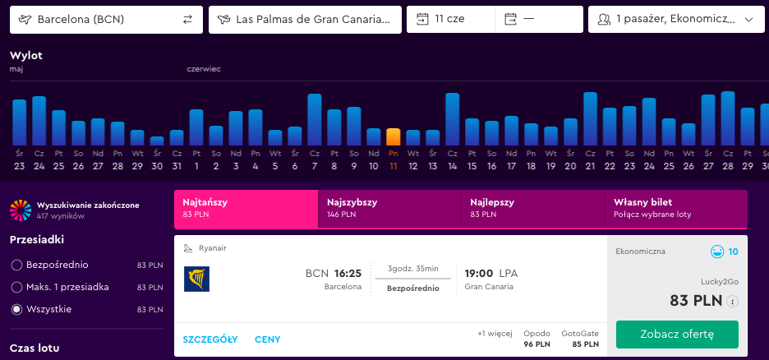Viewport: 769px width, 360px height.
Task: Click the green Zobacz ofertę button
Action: (677, 335)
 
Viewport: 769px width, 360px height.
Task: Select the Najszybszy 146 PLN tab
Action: (389, 209)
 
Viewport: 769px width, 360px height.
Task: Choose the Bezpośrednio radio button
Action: (16, 265)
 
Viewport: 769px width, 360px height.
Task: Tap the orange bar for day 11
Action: (394, 136)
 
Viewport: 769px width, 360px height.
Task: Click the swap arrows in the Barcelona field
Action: (188, 20)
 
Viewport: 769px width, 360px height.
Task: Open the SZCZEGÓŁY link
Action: (210, 339)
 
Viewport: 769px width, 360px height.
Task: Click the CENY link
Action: (268, 339)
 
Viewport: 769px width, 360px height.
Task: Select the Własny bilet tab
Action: (676, 209)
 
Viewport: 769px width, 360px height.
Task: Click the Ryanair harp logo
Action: (196, 279)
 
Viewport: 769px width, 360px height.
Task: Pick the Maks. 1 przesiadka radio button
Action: (16, 288)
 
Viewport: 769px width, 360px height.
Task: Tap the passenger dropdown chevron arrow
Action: (748, 20)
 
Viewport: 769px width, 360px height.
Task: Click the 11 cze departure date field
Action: (451, 20)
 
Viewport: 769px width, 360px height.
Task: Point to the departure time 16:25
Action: (348, 274)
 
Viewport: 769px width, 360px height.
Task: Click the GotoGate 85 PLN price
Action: (580, 339)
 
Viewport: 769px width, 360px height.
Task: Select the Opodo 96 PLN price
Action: (537, 339)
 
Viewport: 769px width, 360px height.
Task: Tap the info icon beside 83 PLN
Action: (733, 302)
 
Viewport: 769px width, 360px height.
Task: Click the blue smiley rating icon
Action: (717, 252)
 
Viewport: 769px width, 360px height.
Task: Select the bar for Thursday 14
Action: (452, 119)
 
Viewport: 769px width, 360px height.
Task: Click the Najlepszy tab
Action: (533, 209)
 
